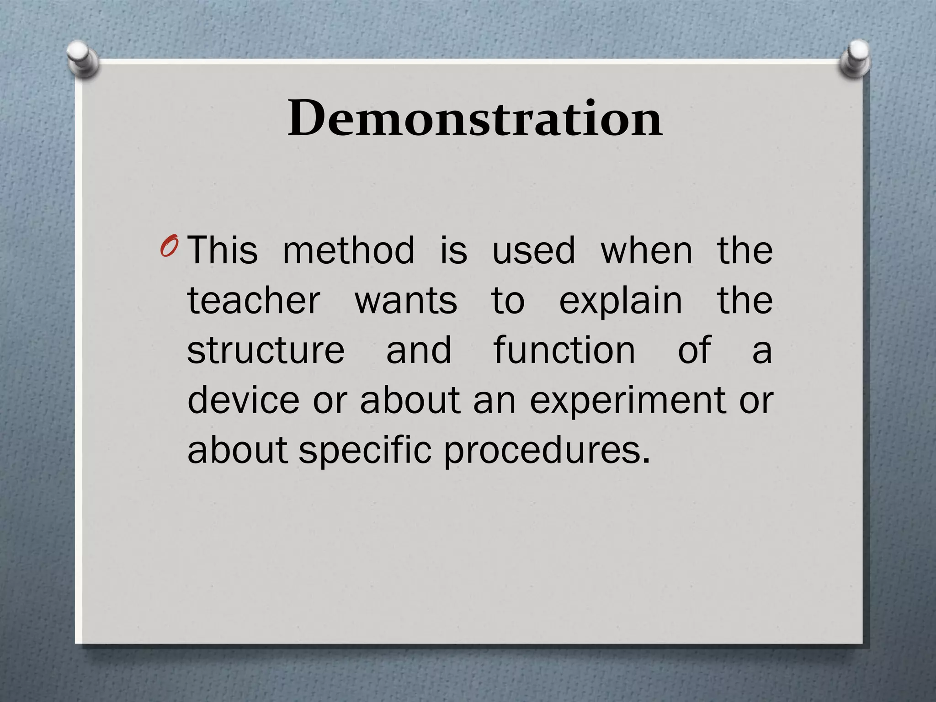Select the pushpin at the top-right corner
point(855,58)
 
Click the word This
point(223,250)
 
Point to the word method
point(349,250)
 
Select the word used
point(533,250)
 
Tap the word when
point(646,250)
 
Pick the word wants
point(406,301)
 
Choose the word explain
point(621,301)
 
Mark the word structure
point(266,351)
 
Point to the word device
point(243,400)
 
